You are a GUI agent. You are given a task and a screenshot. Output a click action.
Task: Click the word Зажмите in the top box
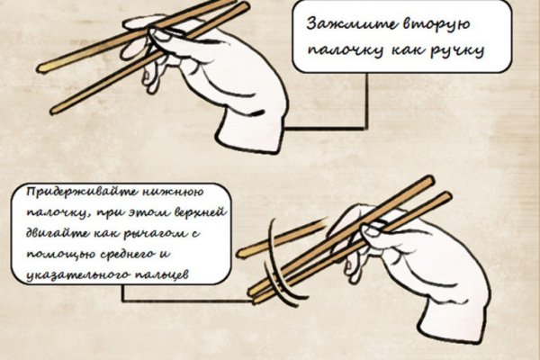[347, 25]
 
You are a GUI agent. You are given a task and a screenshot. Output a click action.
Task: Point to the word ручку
[458, 51]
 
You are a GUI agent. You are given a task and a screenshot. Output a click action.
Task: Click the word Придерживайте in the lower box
[81, 193]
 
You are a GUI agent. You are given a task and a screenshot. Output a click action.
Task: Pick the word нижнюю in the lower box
[173, 192]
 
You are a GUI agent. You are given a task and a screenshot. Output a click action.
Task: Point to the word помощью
[54, 255]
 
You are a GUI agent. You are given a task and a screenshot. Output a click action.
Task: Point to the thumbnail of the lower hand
[369, 229]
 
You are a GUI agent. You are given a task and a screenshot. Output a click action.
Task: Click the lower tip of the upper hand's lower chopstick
[54, 110]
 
